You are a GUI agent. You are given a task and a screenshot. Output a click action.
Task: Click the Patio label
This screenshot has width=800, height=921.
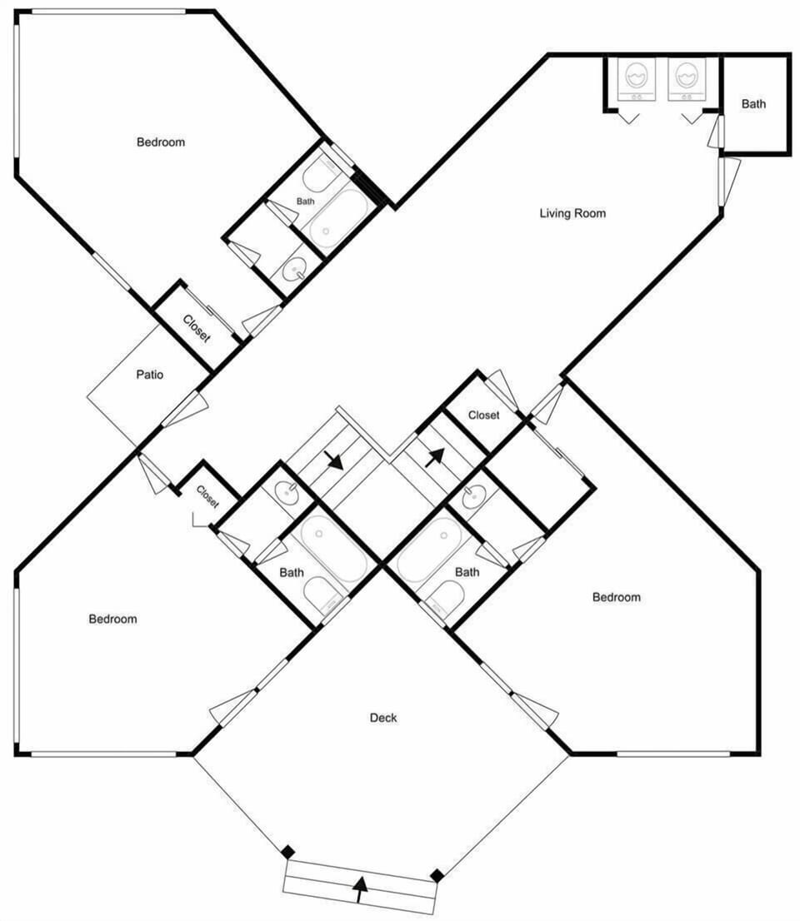[x=149, y=374]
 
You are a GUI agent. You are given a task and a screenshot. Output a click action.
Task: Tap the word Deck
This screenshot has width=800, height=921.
[x=383, y=717]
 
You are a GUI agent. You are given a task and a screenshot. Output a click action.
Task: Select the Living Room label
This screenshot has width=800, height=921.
[x=572, y=212]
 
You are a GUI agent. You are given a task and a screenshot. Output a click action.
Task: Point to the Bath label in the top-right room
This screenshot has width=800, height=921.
[x=753, y=104]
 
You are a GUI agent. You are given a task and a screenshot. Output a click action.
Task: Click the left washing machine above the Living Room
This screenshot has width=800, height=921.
[x=637, y=79]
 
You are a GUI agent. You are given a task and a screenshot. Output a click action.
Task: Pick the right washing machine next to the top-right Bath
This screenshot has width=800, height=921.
[x=686, y=79]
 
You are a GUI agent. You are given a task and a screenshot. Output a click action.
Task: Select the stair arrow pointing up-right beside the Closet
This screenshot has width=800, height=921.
[x=434, y=457]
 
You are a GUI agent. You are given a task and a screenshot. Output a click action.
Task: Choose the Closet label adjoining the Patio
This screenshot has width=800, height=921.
[x=197, y=329]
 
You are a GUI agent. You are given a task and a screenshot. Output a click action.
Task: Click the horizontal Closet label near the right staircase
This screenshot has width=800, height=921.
[x=484, y=415]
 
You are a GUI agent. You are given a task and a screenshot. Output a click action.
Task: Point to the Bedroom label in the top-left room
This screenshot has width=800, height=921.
[x=161, y=142]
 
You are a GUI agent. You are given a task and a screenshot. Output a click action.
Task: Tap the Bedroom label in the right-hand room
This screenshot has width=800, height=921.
[x=616, y=597]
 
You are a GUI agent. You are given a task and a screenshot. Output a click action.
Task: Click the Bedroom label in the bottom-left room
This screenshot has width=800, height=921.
[x=112, y=619]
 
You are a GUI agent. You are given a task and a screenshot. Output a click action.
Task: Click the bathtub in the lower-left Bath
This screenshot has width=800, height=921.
[x=333, y=547]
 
